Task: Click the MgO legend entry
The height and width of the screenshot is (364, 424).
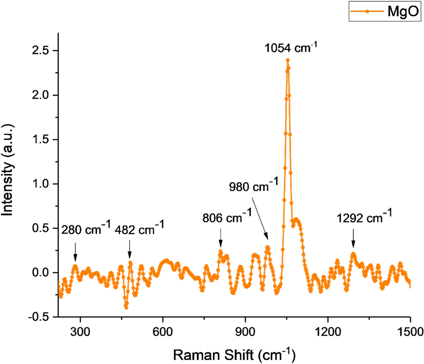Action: click(385, 11)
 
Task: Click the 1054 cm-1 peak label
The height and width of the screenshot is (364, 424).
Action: click(291, 47)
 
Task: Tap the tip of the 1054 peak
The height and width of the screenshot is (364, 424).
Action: click(287, 60)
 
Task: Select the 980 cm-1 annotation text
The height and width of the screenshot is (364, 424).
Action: click(253, 186)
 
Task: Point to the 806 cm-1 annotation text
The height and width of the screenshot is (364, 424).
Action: click(226, 217)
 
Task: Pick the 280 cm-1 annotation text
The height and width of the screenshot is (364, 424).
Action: click(86, 229)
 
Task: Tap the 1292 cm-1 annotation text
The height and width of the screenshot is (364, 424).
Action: click(364, 217)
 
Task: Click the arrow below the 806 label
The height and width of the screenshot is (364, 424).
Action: click(220, 239)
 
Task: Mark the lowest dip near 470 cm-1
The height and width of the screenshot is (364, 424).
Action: click(126, 308)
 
